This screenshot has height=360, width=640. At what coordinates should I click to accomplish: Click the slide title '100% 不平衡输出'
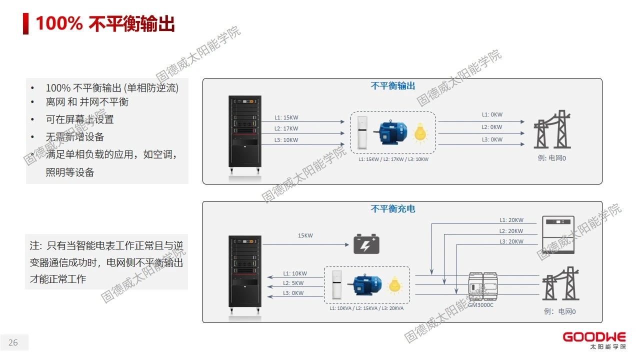point(105,23)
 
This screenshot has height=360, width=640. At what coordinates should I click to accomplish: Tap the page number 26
point(13,342)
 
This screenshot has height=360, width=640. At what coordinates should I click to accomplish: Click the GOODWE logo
point(593,340)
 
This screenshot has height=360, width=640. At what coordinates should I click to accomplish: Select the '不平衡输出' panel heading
point(392,86)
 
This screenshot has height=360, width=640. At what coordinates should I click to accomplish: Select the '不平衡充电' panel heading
point(392,208)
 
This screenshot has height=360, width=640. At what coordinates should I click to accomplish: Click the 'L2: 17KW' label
point(286,128)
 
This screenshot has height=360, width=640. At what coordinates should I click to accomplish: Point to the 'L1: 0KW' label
point(492,114)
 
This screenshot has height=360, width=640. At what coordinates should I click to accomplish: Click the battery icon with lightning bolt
point(366,244)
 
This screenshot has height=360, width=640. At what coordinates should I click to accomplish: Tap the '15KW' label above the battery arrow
point(305,235)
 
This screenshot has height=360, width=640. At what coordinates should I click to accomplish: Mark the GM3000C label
point(480,304)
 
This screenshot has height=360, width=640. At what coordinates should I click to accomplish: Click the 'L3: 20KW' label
point(511,241)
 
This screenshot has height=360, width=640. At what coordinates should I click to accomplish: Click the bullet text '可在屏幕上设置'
point(80,119)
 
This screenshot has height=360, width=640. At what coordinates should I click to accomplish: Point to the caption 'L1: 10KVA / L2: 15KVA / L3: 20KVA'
point(366,308)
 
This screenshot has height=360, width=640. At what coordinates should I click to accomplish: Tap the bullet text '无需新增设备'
point(75,137)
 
